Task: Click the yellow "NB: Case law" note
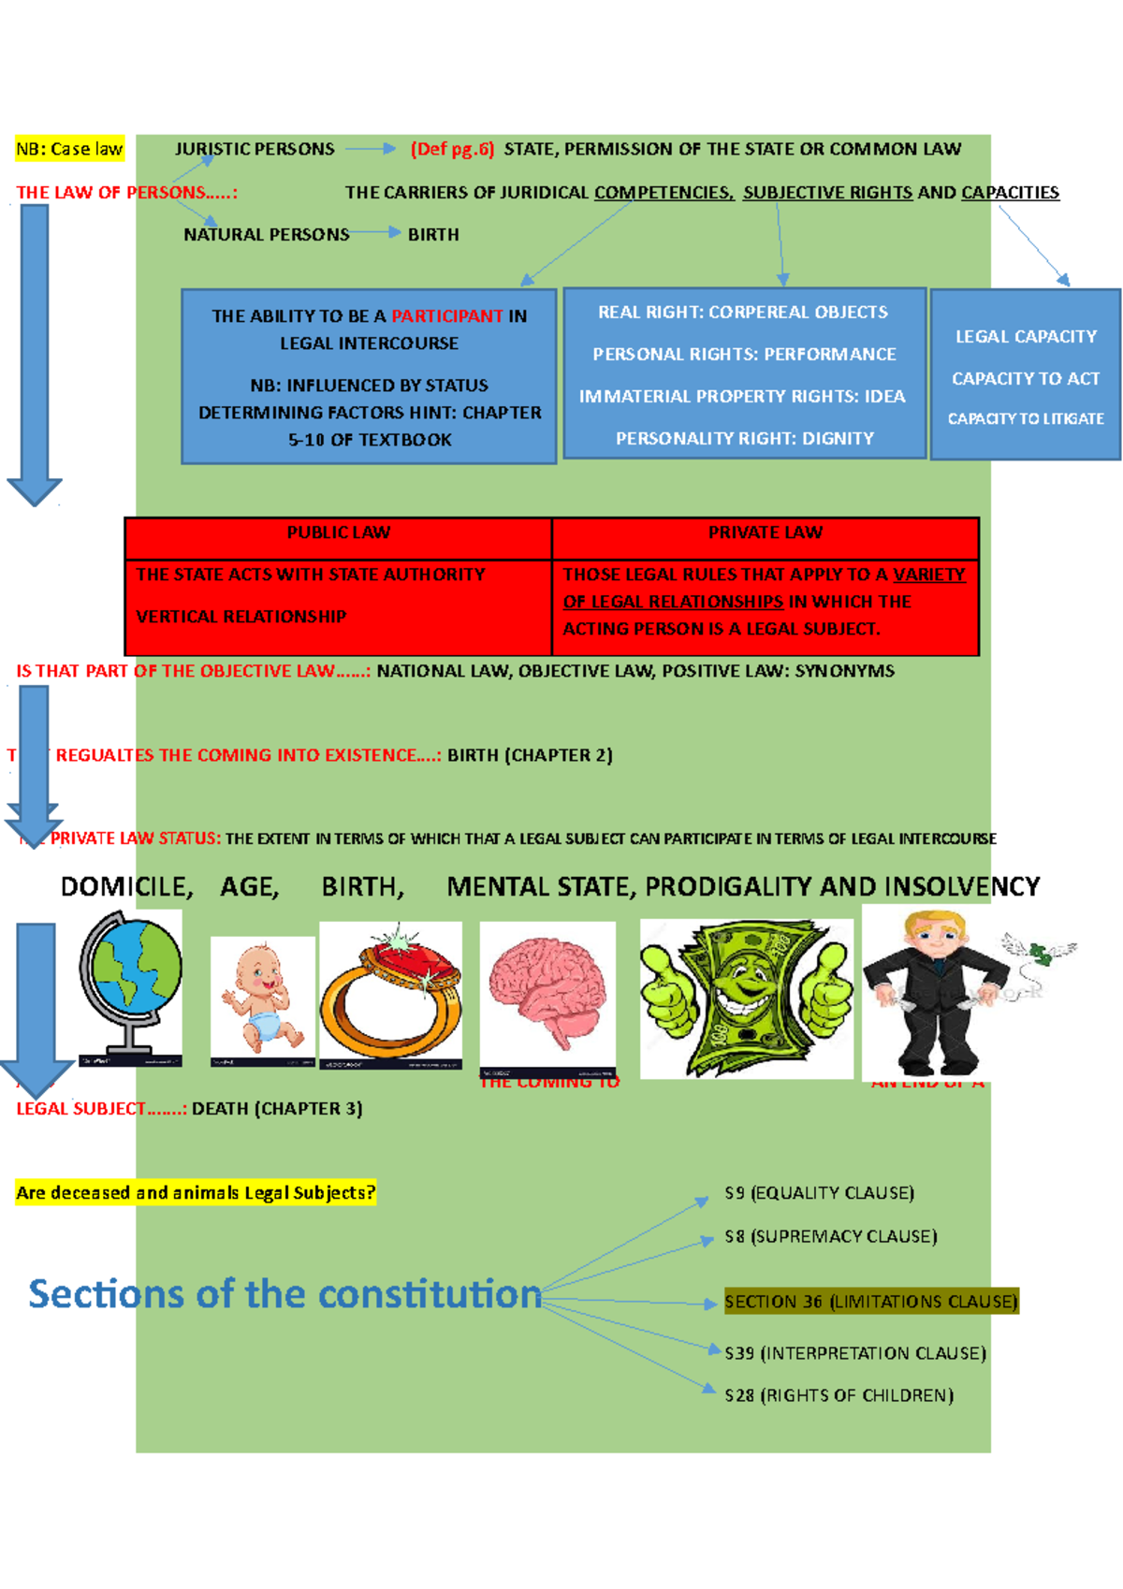click(x=69, y=149)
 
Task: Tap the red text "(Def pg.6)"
click(x=452, y=149)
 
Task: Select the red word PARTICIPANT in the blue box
click(x=446, y=316)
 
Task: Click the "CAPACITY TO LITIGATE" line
click(x=1026, y=419)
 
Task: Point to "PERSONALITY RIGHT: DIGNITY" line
click(x=745, y=439)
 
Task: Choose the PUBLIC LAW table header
click(x=338, y=532)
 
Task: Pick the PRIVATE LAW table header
click(x=765, y=532)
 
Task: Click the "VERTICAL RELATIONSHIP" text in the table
click(x=241, y=617)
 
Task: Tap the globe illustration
click(x=130, y=988)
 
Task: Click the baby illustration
click(x=262, y=999)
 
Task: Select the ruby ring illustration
click(x=390, y=995)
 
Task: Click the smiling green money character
click(x=746, y=998)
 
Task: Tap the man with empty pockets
click(x=926, y=992)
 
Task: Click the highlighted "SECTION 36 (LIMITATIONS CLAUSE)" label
click(x=870, y=1302)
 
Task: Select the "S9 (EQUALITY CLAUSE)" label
click(x=819, y=1193)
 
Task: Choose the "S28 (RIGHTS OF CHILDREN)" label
click(x=839, y=1396)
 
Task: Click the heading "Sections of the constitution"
click(x=285, y=1294)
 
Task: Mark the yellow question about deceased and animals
click(x=196, y=1193)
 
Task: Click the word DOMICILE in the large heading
click(x=126, y=887)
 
